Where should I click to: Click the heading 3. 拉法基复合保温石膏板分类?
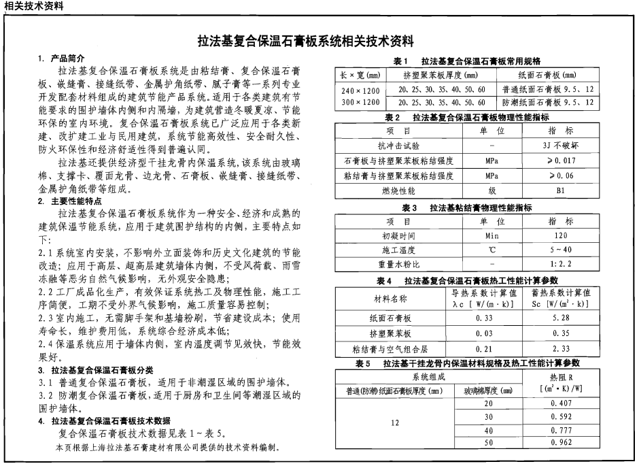pos(95,370)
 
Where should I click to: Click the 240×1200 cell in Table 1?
pos(360,90)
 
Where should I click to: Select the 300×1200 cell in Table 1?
pos(360,103)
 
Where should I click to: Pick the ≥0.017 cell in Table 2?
pos(560,161)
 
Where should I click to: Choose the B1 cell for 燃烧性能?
pos(560,191)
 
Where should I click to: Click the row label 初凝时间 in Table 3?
pos(398,236)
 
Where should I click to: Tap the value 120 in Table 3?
pos(560,236)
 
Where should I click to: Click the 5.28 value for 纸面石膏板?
pos(560,318)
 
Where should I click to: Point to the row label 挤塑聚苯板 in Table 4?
pos(390,333)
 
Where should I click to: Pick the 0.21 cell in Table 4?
pos(484,349)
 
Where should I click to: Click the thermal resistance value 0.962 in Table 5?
pos(560,444)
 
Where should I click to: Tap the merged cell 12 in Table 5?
pos(394,423)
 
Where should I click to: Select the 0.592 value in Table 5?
pos(560,416)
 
